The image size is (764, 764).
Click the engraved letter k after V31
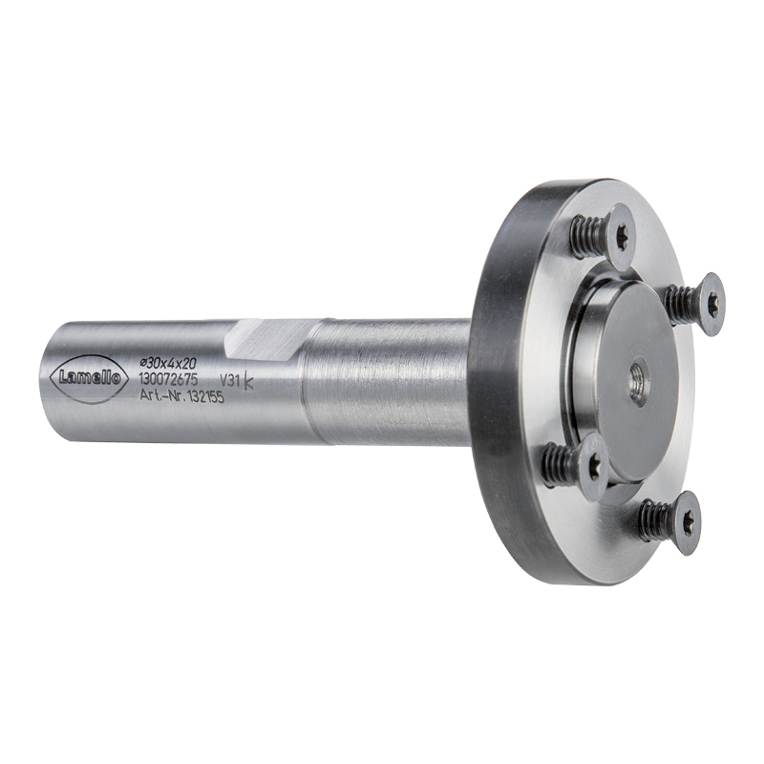click(248, 380)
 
